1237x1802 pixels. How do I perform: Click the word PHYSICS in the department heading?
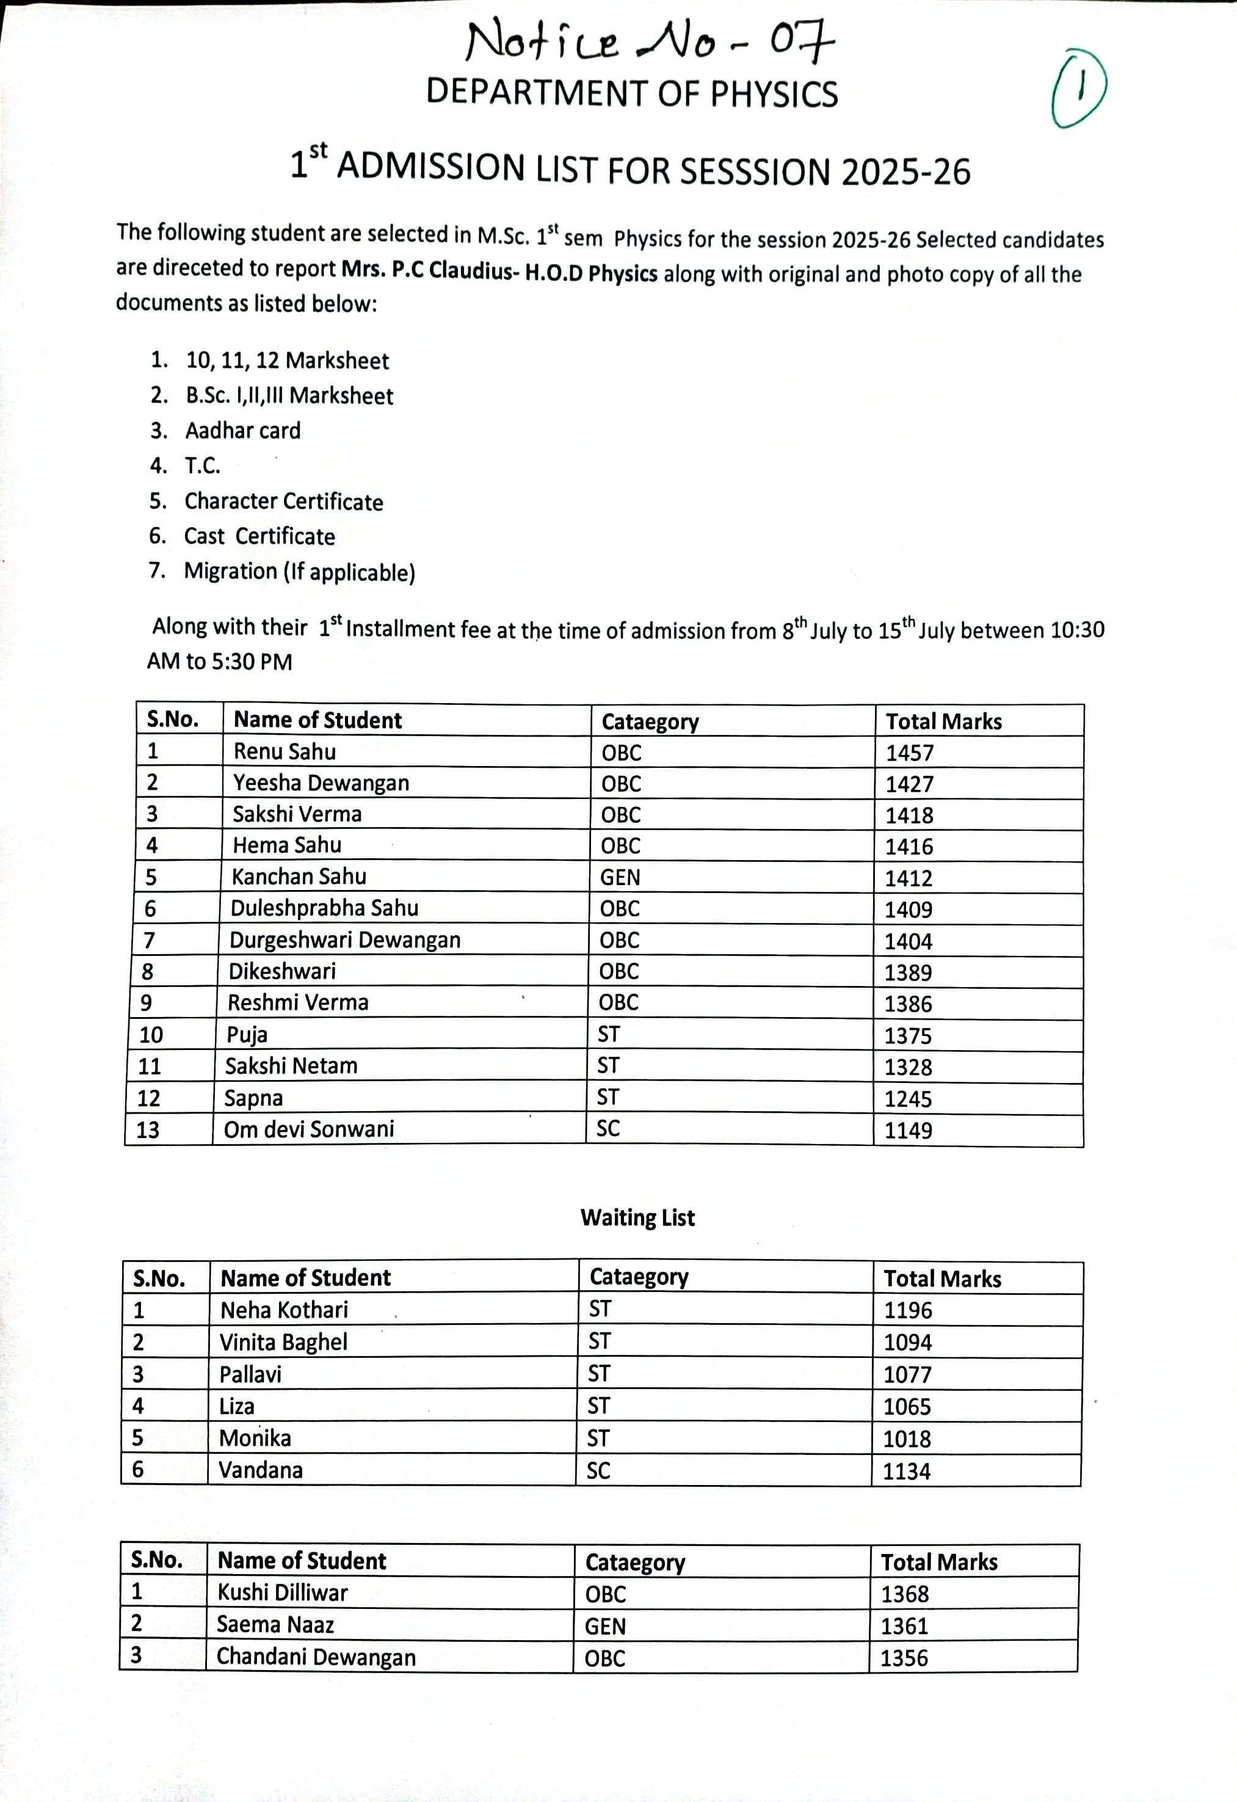coord(774,94)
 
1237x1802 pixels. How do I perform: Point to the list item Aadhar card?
coord(242,430)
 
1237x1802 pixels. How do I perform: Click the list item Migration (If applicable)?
coord(299,572)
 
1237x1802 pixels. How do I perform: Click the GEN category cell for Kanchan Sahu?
coord(620,877)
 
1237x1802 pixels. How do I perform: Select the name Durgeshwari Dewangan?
coord(345,939)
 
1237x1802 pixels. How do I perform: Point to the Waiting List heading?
coord(637,1218)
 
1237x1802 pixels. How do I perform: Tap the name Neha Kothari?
coord(284,1310)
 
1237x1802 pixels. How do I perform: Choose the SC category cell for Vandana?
coord(598,1471)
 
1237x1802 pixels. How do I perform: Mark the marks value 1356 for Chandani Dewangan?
coord(904,1658)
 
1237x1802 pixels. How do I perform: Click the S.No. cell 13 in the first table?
coord(147,1129)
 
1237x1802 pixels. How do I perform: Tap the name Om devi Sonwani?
coord(308,1129)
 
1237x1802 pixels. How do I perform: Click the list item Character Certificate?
coord(284,502)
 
